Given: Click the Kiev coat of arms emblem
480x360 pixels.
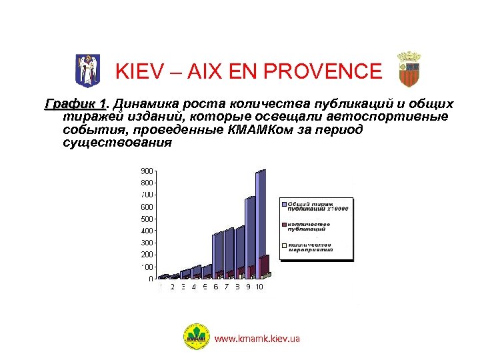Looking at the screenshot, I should [x=87, y=69].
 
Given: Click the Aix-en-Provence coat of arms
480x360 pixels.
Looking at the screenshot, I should [x=409, y=69].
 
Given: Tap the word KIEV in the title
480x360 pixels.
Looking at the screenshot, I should [x=139, y=71].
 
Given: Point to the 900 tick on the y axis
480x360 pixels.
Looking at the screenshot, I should [x=147, y=171].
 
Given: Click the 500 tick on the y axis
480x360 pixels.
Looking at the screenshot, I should [x=147, y=219].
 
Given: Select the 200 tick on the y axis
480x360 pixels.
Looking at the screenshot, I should [x=147, y=255].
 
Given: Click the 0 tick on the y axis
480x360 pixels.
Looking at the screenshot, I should [x=151, y=279].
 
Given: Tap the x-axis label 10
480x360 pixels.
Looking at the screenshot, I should [x=259, y=287].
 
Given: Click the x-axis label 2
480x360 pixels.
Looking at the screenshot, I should [x=172, y=287].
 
